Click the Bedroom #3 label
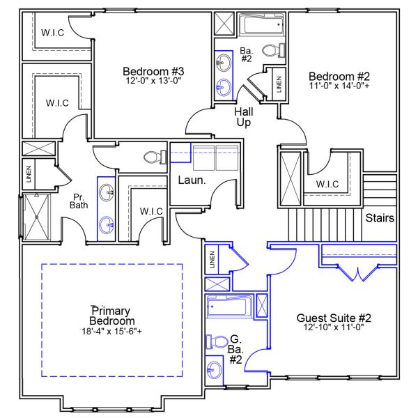click(x=153, y=72)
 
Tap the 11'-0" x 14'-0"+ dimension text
click(x=339, y=86)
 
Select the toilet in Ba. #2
click(x=274, y=50)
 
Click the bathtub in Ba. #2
click(x=261, y=24)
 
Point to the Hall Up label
click(x=244, y=117)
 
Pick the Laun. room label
click(x=192, y=180)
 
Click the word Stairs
click(x=380, y=218)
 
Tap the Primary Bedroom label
click(x=111, y=316)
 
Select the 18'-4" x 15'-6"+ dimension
click(x=111, y=332)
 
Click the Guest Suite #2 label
click(x=334, y=318)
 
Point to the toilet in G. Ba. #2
click(x=217, y=342)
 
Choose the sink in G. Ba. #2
click(x=214, y=371)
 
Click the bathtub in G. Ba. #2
click(x=229, y=307)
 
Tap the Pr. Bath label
click(x=79, y=201)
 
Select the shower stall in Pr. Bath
click(x=37, y=217)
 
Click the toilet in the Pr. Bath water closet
click(x=155, y=157)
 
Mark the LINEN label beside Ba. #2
click(x=279, y=84)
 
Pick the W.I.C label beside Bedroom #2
click(x=327, y=184)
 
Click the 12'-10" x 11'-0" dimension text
click(x=334, y=327)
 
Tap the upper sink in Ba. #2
click(x=224, y=63)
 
